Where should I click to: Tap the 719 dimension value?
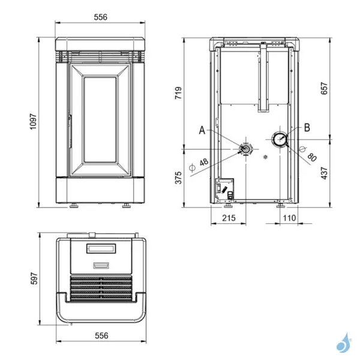tap(178, 93)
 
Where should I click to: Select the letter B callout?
tap(307, 127)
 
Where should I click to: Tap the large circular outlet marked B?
tap(280, 140)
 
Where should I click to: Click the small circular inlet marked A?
tap(245, 148)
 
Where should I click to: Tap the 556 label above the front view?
tap(100, 17)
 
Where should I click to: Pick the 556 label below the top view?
tap(100, 337)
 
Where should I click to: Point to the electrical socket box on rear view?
tap(223, 188)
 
